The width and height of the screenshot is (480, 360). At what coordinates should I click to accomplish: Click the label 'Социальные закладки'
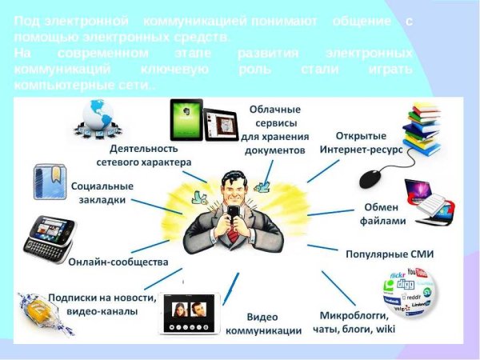(102, 193)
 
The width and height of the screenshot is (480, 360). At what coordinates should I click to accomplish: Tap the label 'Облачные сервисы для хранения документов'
(274, 128)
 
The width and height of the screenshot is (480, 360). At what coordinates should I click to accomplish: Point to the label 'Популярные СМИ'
(389, 254)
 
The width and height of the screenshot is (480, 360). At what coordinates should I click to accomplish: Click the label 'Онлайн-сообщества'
(118, 262)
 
